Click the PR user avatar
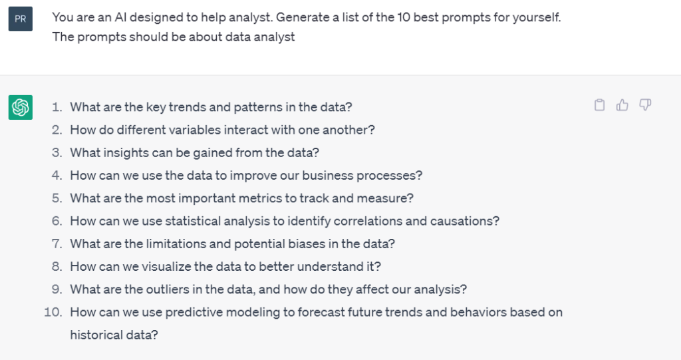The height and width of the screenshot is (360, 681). coord(21,19)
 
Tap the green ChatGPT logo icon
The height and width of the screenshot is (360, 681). coord(21,107)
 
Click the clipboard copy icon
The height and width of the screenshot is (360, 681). coord(599,104)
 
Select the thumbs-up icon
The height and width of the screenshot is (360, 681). coord(622,104)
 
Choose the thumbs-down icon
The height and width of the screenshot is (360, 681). coord(645,104)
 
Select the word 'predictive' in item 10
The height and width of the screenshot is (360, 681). coord(192,313)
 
